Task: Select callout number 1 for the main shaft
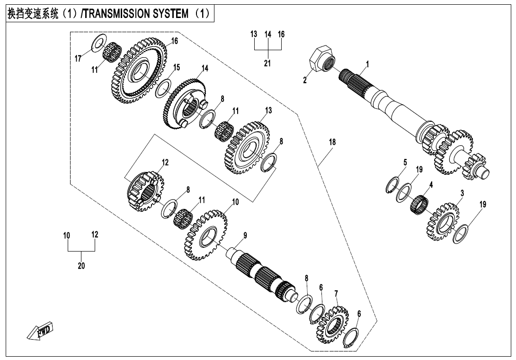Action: pyautogui.click(x=367, y=63)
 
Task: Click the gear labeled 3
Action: pyautogui.click(x=444, y=222)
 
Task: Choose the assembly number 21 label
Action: pyautogui.click(x=267, y=63)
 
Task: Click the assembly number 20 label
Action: pyautogui.click(x=81, y=266)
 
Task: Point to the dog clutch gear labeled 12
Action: pyautogui.click(x=145, y=190)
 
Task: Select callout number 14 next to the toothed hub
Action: pyautogui.click(x=205, y=68)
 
